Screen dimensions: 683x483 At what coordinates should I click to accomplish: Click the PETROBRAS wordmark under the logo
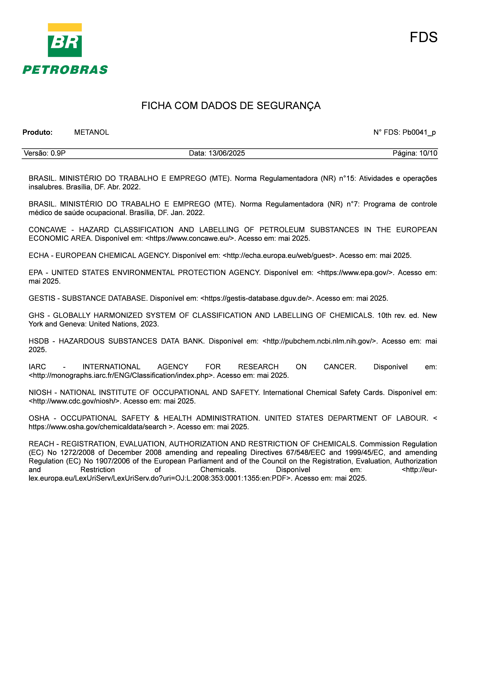tap(65, 70)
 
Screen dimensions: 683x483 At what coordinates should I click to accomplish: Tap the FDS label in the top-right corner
tap(423, 38)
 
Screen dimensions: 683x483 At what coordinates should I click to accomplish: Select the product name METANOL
tap(92, 132)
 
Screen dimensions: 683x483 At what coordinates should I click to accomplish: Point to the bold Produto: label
tap(37, 132)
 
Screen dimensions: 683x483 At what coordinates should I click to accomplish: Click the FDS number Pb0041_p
tap(419, 132)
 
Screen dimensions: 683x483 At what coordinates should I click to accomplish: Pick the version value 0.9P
tap(58, 153)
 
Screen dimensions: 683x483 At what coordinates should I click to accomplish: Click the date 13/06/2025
tap(227, 153)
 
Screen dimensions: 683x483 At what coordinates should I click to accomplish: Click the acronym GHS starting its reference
tap(36, 315)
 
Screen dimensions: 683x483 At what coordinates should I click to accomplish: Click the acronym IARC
tap(37, 367)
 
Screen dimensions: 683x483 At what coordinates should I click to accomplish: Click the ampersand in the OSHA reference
tap(157, 418)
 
